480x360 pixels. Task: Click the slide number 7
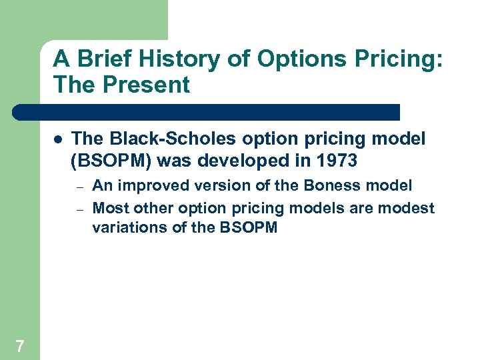[x=20, y=345]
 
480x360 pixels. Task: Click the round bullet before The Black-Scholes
[x=57, y=140]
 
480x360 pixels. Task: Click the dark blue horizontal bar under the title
[x=207, y=112]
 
